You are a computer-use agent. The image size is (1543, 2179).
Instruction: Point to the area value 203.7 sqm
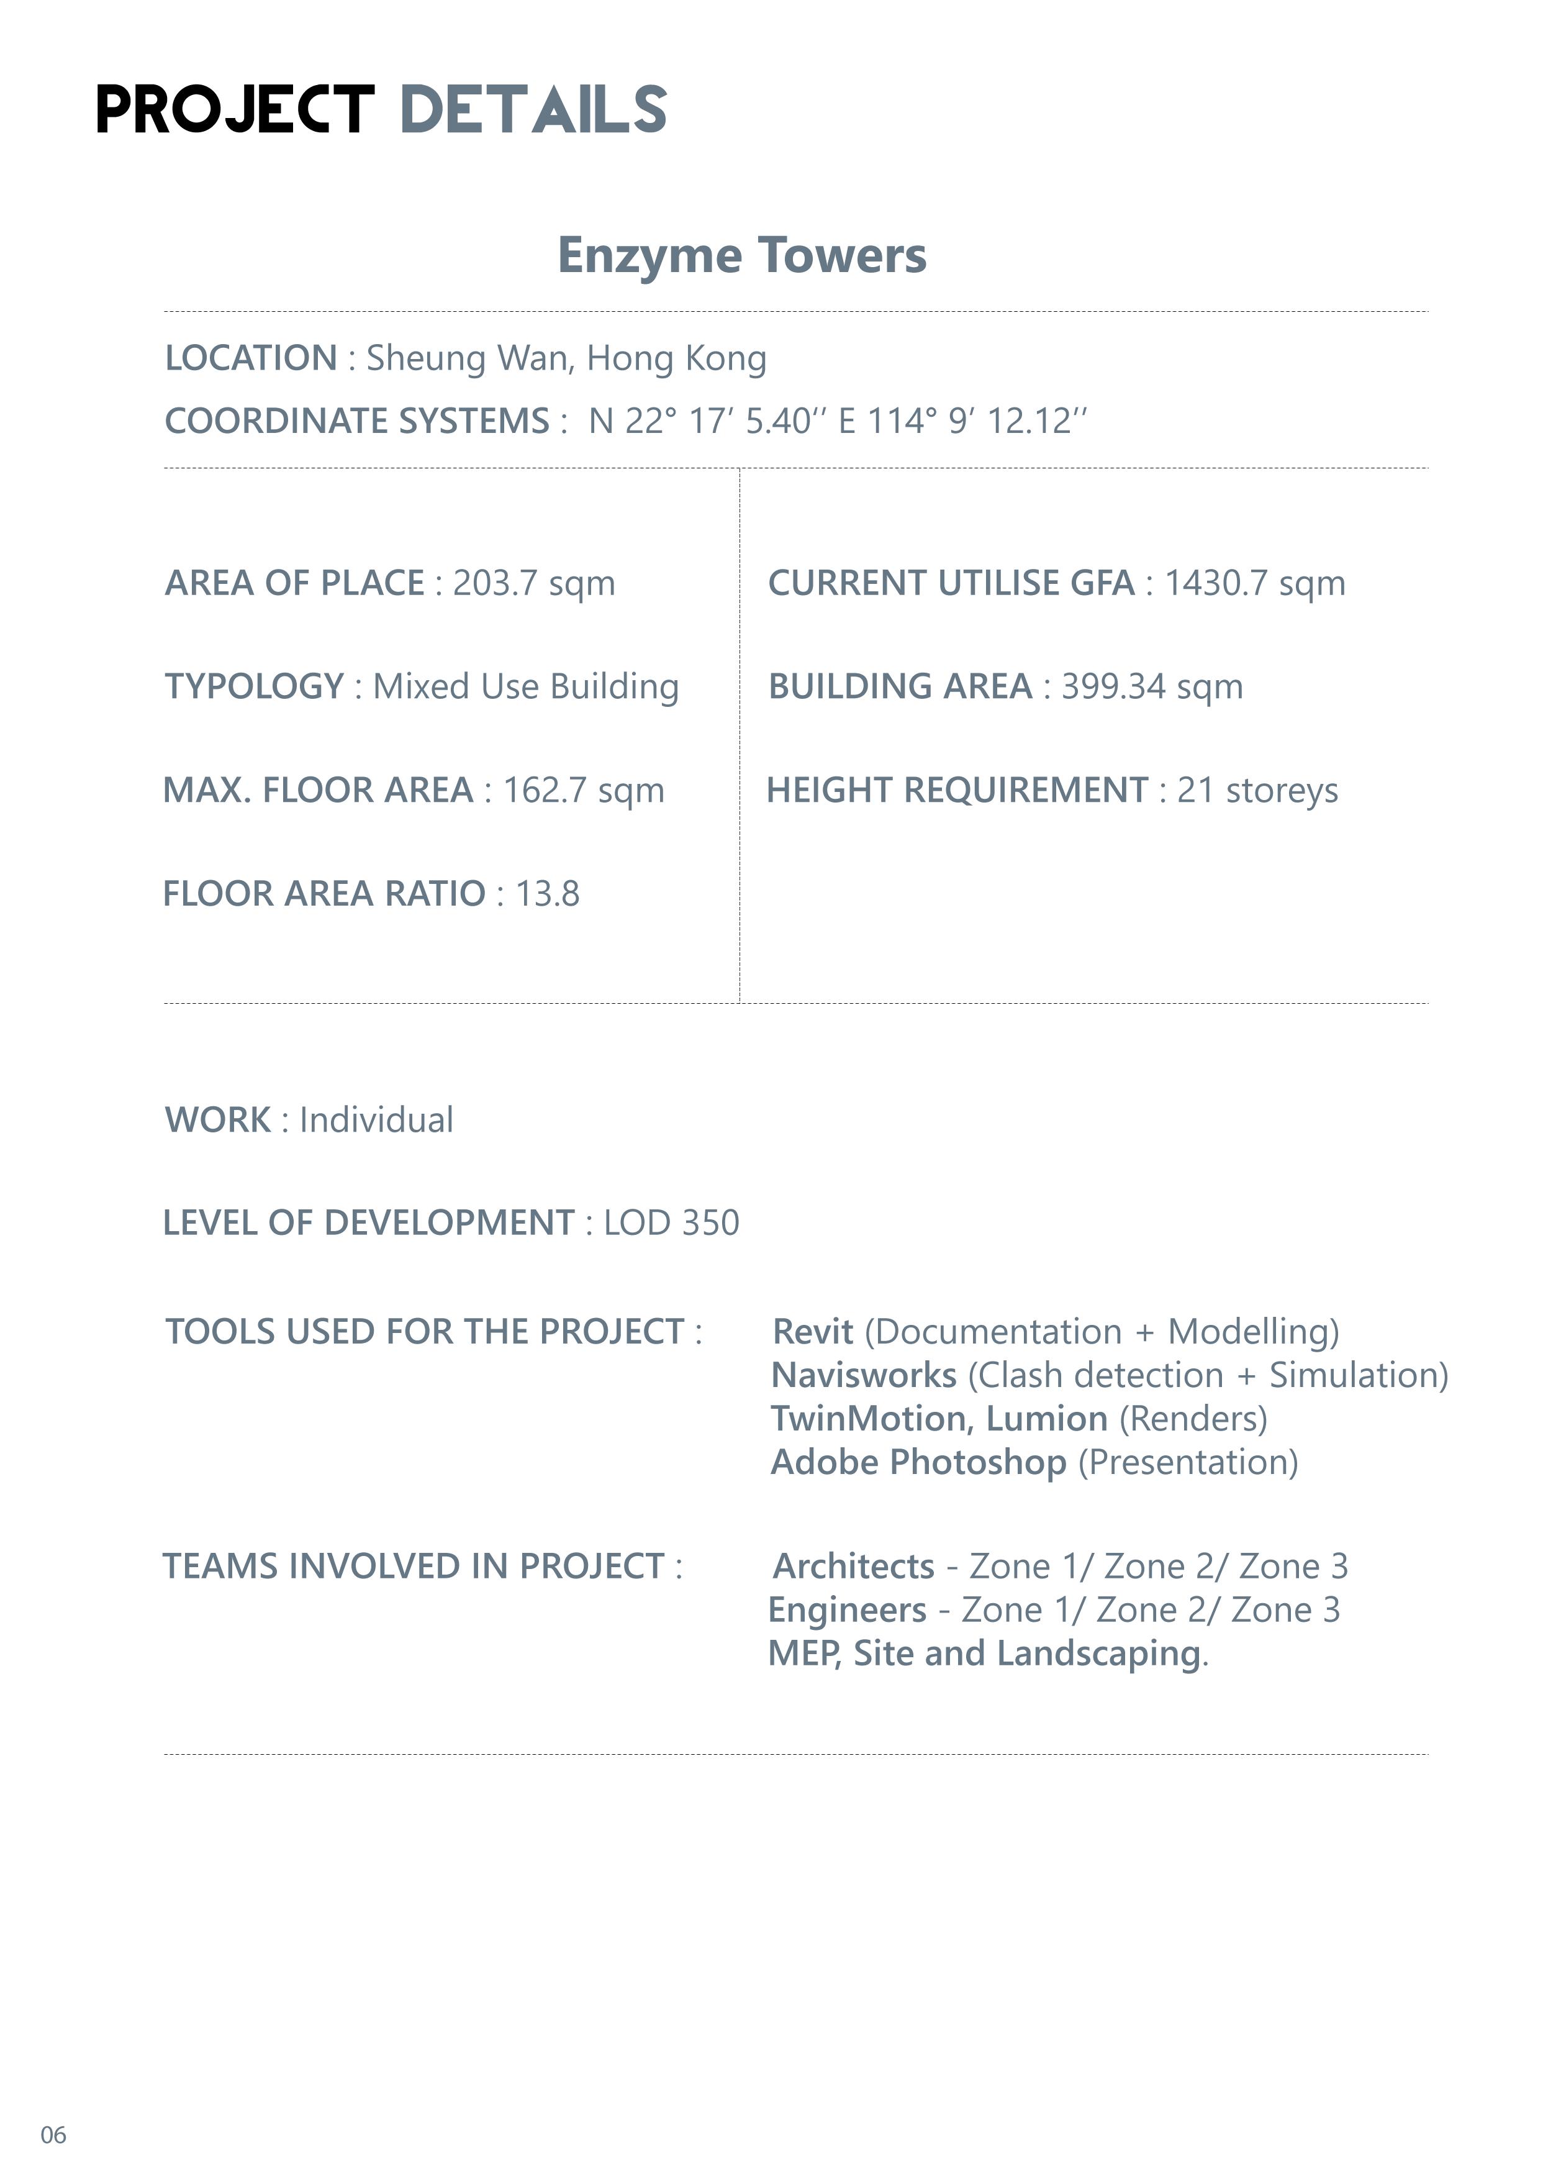[x=534, y=583]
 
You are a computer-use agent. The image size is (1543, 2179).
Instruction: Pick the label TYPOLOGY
[x=254, y=686]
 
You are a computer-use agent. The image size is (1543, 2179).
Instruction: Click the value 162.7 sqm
[x=584, y=789]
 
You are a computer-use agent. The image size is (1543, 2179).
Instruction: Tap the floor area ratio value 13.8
[x=547, y=893]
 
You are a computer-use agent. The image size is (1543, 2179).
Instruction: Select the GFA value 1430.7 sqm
[x=1254, y=583]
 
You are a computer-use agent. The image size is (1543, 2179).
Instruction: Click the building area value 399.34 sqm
[x=1152, y=686]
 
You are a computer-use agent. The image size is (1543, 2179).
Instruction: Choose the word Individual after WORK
[x=376, y=1119]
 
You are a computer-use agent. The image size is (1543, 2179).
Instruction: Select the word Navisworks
[x=864, y=1375]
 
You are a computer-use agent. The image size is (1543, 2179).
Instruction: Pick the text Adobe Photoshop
[x=918, y=1462]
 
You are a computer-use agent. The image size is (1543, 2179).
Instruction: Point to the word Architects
[x=854, y=1566]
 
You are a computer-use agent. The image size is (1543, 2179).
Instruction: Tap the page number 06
[x=53, y=2136]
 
